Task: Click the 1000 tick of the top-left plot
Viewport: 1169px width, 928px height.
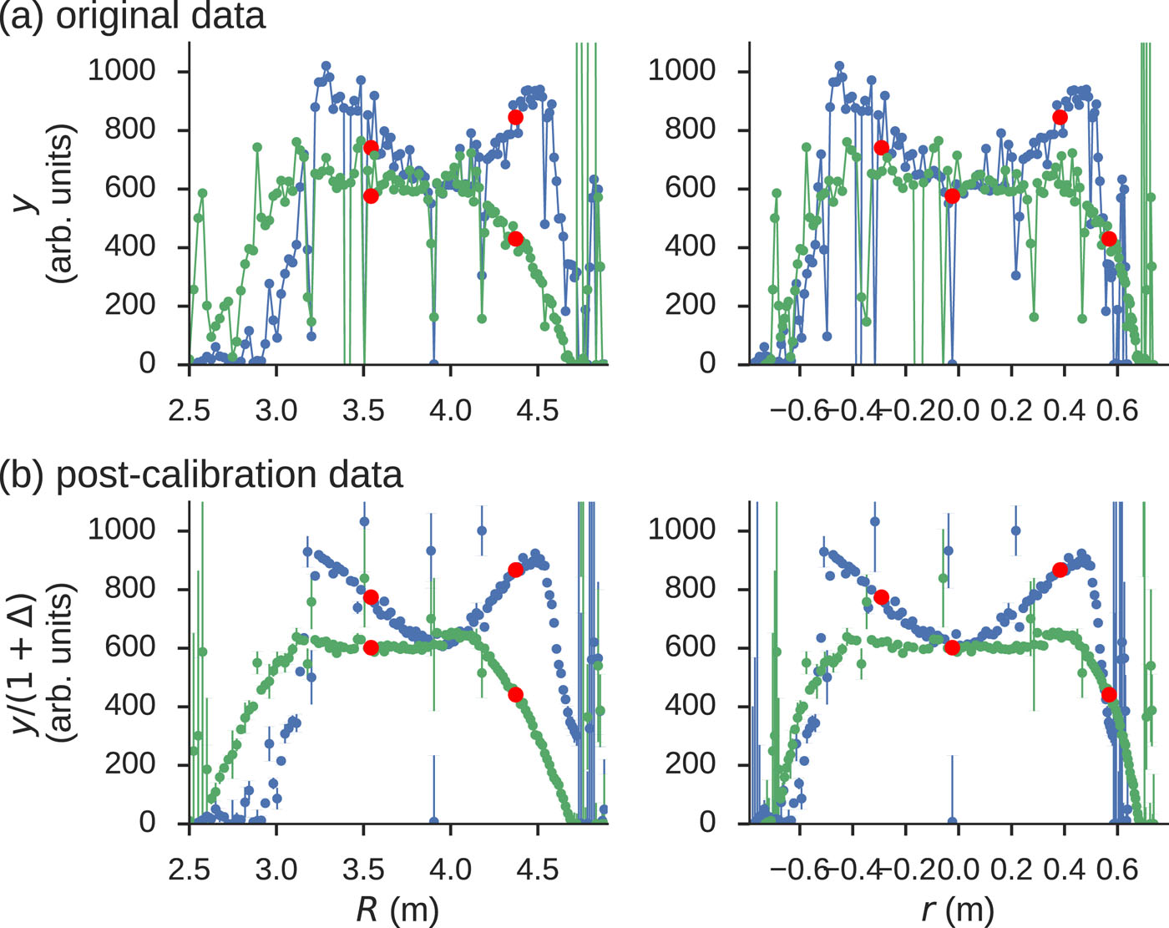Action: [x=122, y=71]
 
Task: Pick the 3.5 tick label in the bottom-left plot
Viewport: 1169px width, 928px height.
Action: [x=363, y=869]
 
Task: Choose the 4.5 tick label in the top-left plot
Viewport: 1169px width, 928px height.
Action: [x=537, y=410]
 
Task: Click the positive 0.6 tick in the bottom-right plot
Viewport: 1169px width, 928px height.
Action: [x=1117, y=869]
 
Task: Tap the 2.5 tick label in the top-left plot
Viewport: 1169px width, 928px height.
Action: [x=190, y=410]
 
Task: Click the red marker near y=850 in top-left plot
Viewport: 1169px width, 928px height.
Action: [x=515, y=117]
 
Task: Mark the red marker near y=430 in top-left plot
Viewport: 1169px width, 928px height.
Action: [x=515, y=239]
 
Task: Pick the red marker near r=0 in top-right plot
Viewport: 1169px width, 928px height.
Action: [x=952, y=196]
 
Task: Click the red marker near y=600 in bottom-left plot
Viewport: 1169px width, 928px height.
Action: [x=371, y=647]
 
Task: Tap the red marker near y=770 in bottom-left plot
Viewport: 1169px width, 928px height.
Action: [x=371, y=597]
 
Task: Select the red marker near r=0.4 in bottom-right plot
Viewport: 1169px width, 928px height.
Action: [x=1060, y=570]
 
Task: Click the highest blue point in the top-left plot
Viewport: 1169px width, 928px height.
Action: [x=326, y=65]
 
